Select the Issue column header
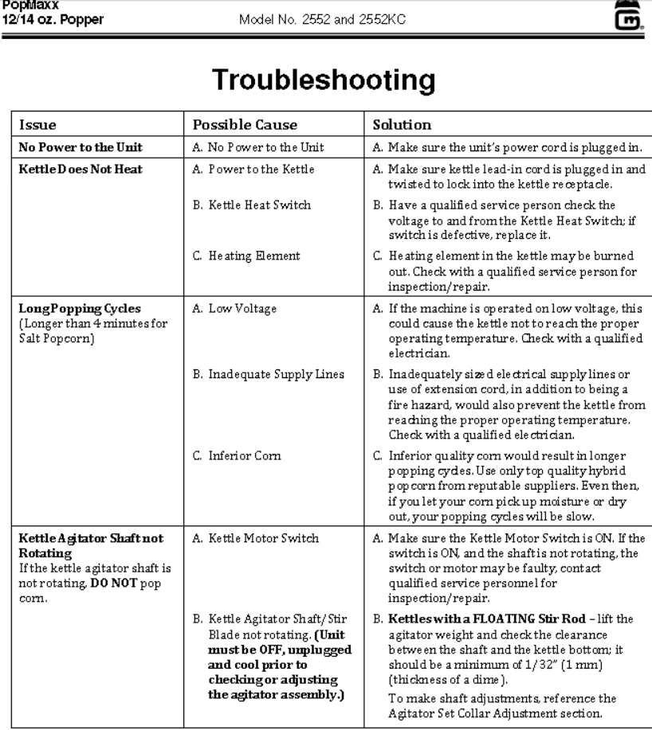coord(37,125)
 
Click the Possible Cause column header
coord(234,125)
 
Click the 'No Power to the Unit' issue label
coord(69,146)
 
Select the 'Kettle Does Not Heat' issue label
coord(70,168)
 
